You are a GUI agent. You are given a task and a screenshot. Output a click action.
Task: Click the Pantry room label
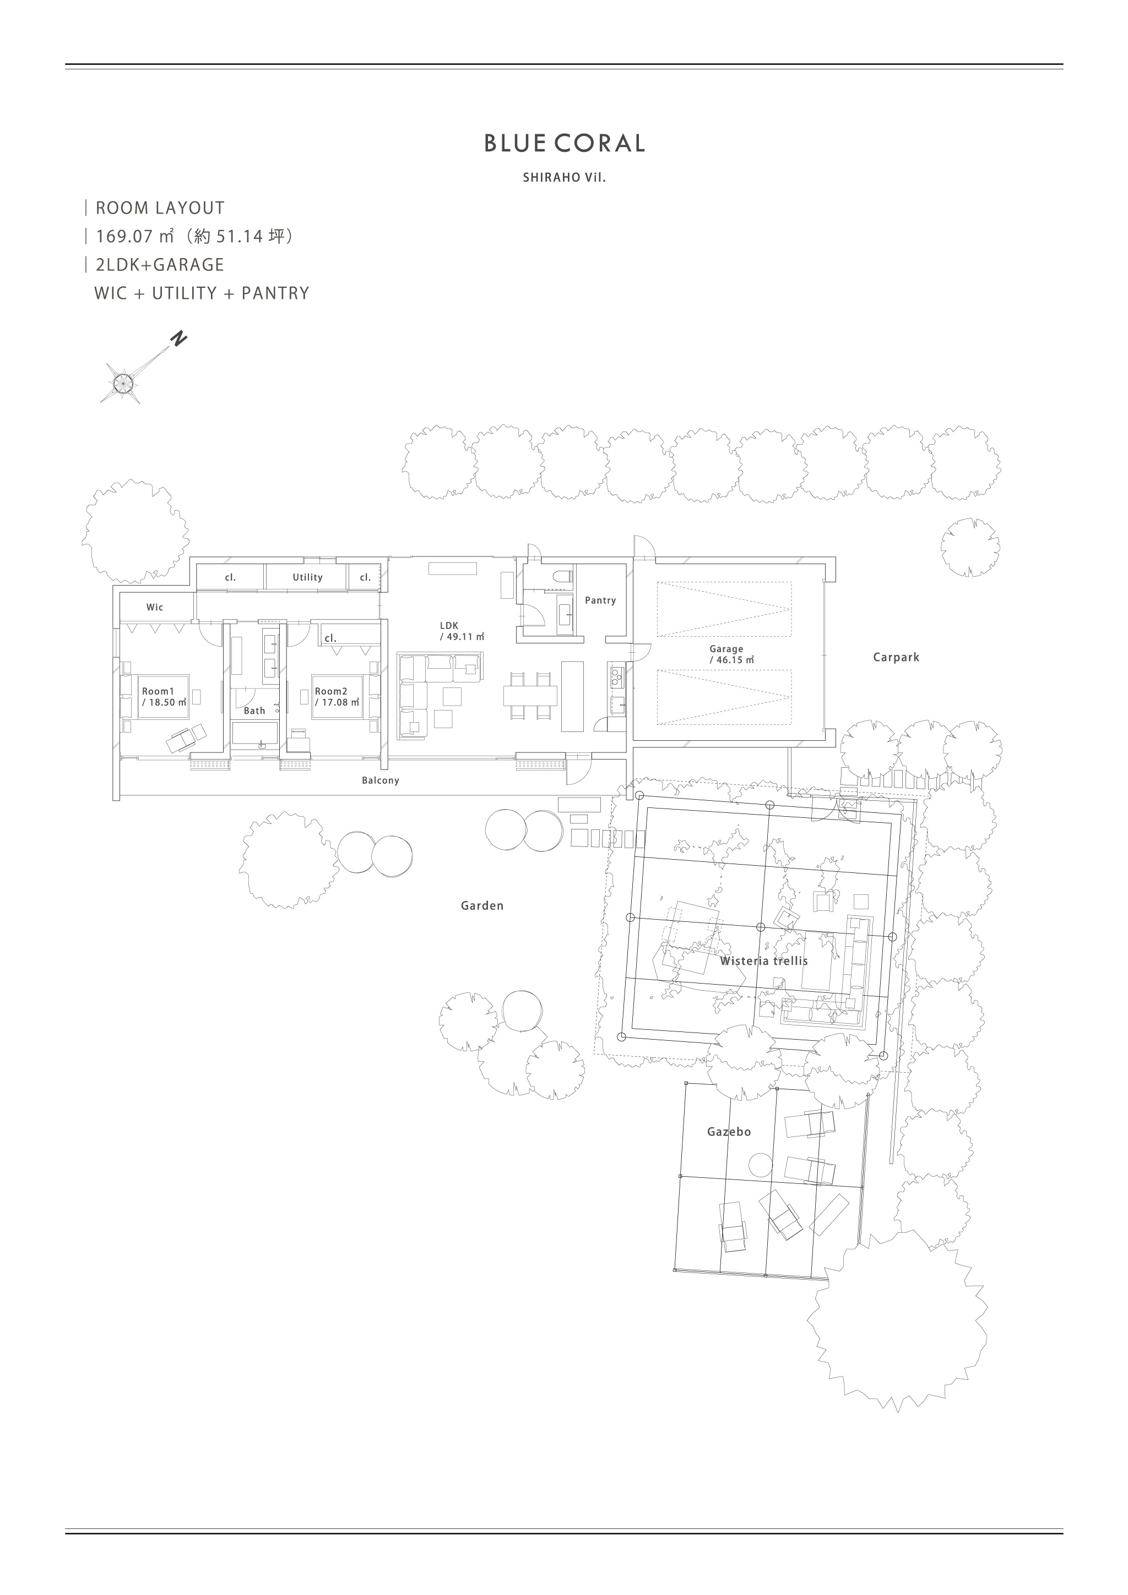point(600,600)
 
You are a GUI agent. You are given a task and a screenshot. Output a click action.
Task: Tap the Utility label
point(307,577)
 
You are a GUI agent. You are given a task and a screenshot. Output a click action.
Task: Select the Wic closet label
point(154,607)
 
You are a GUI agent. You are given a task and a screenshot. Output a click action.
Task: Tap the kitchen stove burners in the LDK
point(616,676)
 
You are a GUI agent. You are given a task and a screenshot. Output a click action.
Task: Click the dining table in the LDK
point(530,695)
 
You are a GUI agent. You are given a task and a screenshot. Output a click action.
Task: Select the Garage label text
point(726,649)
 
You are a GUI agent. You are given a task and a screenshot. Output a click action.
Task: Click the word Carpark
point(896,657)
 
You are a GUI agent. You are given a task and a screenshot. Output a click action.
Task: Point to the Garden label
point(481,906)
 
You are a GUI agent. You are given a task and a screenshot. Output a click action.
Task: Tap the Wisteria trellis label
point(764,962)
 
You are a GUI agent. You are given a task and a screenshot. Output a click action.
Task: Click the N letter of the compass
point(180,340)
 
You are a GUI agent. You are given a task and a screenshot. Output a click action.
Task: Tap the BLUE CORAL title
point(565,143)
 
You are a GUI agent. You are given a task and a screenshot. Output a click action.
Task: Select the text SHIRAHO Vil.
point(565,178)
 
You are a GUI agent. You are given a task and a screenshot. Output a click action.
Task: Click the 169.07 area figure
point(124,236)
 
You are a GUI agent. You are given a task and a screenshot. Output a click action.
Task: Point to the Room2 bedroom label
point(331,692)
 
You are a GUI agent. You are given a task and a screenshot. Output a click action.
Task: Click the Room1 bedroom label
point(158,692)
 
